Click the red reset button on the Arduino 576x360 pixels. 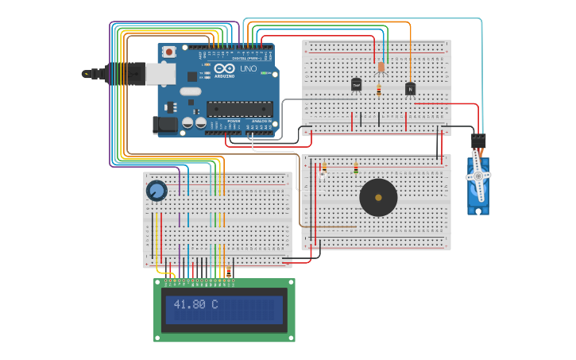[x=169, y=52]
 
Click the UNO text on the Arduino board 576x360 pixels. [x=248, y=68]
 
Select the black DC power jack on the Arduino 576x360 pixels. [x=164, y=124]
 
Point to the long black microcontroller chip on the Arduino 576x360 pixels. [x=239, y=109]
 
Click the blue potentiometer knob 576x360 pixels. [x=157, y=191]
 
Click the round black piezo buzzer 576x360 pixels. [x=378, y=197]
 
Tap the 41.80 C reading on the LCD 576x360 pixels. [x=195, y=304]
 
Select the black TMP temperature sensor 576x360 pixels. [x=356, y=83]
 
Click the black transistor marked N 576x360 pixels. [x=410, y=89]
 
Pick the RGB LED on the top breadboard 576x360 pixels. [x=381, y=68]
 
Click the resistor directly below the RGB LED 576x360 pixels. [x=379, y=91]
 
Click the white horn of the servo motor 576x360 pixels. [x=478, y=176]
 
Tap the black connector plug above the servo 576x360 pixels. [x=477, y=141]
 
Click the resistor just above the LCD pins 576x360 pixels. [x=230, y=271]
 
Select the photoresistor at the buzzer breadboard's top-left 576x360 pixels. [x=323, y=168]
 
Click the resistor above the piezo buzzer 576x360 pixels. [x=356, y=168]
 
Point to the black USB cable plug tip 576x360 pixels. [x=87, y=74]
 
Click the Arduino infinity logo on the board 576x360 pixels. [x=215, y=69]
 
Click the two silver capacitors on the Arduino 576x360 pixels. [x=193, y=122]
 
